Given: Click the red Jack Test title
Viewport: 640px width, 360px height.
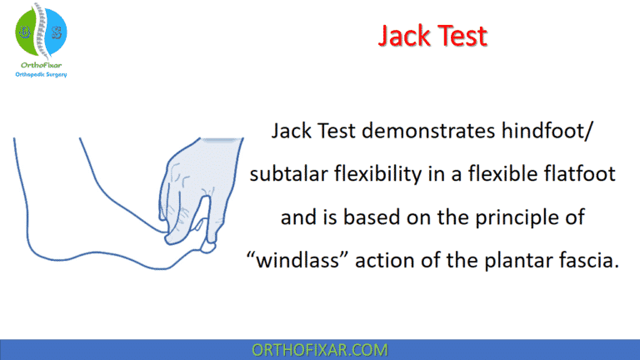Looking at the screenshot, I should pos(432,36).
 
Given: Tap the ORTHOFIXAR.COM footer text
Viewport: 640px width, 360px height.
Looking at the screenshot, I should pos(319,348).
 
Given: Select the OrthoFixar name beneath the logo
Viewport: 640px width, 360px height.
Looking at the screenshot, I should pos(41,64).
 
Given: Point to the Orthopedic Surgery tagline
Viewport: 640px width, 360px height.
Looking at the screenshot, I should pos(41,74).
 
